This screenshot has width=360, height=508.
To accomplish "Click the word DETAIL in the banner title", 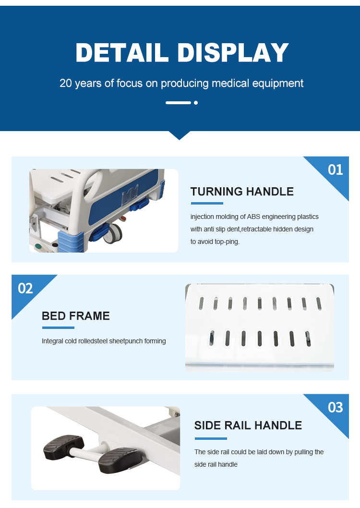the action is (122, 52).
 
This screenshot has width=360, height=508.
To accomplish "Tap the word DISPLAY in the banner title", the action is (233, 52).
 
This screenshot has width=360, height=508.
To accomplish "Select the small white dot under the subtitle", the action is (195, 103).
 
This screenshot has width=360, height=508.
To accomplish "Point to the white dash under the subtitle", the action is (178, 103).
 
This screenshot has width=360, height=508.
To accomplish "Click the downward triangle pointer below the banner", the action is (180, 135).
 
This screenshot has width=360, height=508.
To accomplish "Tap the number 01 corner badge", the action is (335, 170).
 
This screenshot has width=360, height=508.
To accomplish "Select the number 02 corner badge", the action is (25, 289).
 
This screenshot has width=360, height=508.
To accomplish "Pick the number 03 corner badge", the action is (335, 407).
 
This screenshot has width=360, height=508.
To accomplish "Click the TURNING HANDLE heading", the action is (242, 192).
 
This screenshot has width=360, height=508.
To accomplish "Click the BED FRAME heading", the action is (76, 316).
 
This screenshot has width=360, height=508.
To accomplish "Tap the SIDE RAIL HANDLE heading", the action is (248, 425).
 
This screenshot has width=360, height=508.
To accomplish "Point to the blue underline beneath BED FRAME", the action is (58, 328).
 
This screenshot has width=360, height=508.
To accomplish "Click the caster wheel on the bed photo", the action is (113, 233).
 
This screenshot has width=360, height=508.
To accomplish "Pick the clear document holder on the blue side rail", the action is (130, 194).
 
